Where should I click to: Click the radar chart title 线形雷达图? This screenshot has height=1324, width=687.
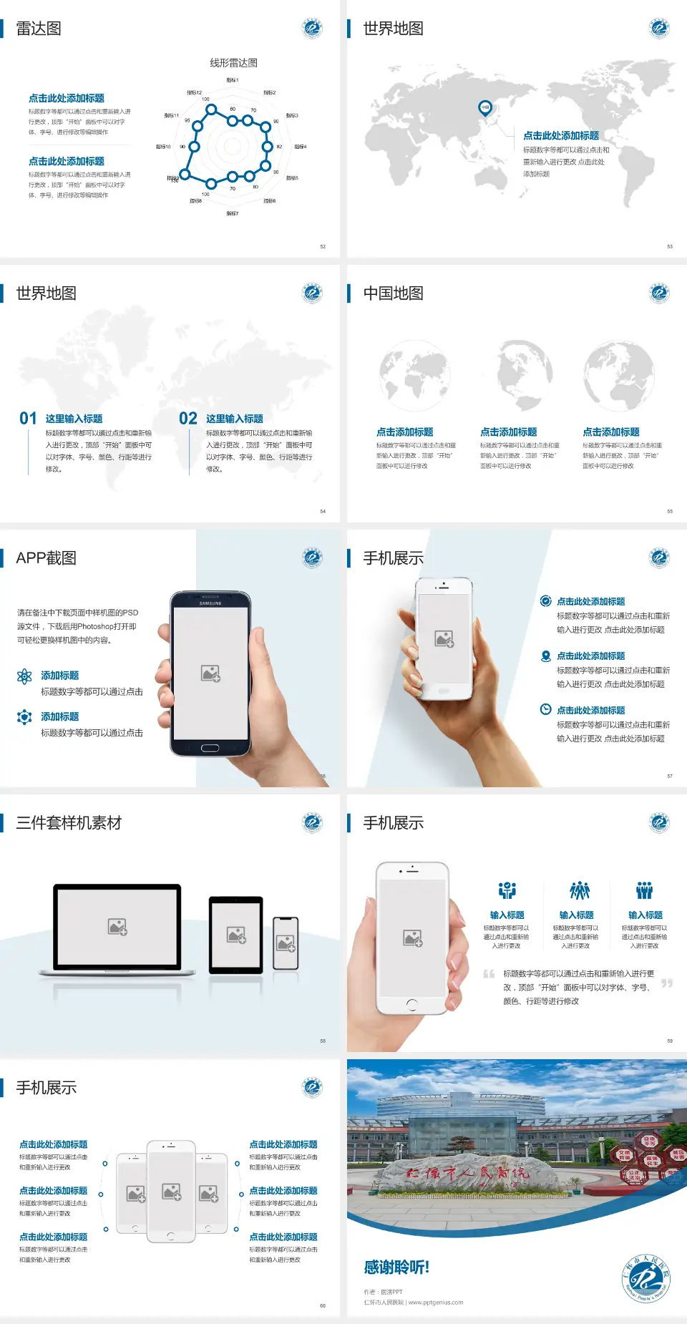pos(233,63)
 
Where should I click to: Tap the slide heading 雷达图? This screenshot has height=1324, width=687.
pos(39,29)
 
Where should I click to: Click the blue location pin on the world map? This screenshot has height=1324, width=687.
pos(485,108)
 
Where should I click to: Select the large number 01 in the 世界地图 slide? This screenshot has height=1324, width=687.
pos(28,419)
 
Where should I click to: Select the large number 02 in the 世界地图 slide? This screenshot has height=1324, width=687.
pos(188,419)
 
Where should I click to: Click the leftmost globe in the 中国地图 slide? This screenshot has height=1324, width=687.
pos(414,376)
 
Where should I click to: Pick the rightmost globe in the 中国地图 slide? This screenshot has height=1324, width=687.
pos(619,376)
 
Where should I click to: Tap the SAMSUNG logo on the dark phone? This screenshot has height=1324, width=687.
pos(210,603)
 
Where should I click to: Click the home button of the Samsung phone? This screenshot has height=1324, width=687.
pos(210,748)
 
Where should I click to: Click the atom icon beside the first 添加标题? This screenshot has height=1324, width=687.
pos(24,676)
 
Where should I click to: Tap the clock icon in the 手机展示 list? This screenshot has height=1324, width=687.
pos(545,709)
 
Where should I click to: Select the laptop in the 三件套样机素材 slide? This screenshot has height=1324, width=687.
pos(117,929)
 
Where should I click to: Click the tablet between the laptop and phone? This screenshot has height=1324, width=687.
pos(236,934)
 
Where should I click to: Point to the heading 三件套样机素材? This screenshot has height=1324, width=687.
pos(69,823)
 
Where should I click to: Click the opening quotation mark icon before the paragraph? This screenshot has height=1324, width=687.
pos(489,974)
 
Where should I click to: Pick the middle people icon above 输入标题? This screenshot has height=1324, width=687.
pos(579,890)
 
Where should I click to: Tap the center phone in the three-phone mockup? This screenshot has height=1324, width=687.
pos(171,1191)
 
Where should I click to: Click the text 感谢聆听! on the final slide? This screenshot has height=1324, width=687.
pos(396,1267)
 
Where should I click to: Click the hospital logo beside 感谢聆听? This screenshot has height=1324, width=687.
pos(645,1279)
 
